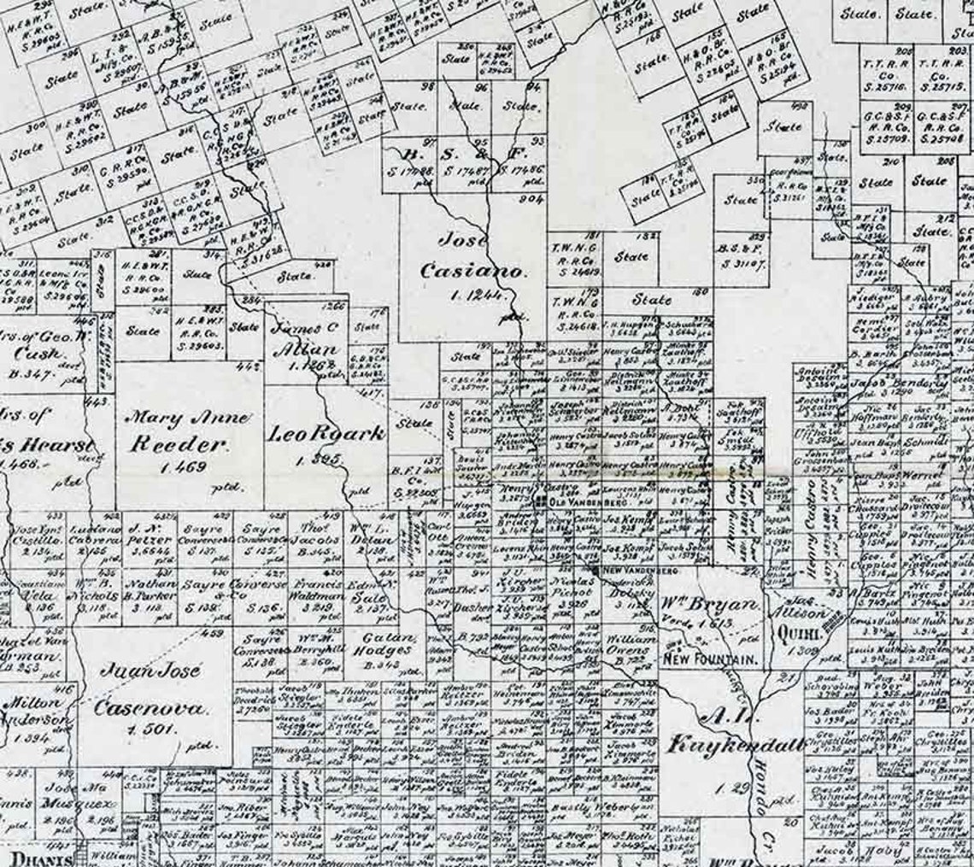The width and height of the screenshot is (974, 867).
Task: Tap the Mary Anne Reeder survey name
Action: tap(190, 431)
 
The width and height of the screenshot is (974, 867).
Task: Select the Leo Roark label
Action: tap(327, 434)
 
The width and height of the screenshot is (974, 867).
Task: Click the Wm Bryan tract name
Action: tap(711, 606)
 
